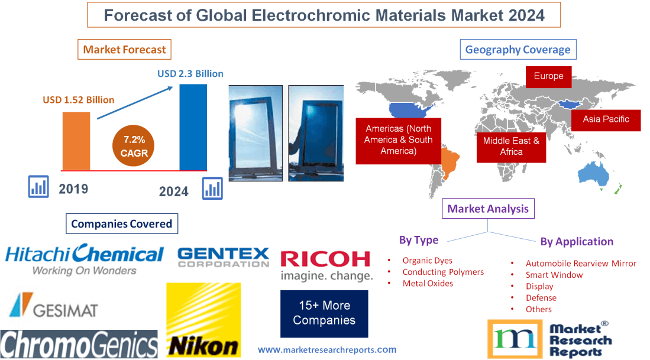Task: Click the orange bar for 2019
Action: point(76,141)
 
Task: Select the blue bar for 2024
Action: point(193,127)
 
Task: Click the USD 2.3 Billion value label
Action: point(190,74)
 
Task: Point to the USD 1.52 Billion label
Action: point(78,100)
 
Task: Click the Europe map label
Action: point(548,76)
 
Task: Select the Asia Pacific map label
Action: point(606,119)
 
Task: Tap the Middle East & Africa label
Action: point(511,146)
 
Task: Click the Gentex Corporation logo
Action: point(224,257)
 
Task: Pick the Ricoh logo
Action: point(326,265)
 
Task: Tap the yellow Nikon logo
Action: point(203,320)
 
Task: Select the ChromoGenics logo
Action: point(79,345)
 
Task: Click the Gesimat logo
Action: point(53,306)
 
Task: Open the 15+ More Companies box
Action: point(324,313)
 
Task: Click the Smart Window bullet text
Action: point(554,275)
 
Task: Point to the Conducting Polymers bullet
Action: point(443,272)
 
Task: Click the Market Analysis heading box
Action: point(488,209)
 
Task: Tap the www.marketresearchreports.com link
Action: point(327,350)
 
